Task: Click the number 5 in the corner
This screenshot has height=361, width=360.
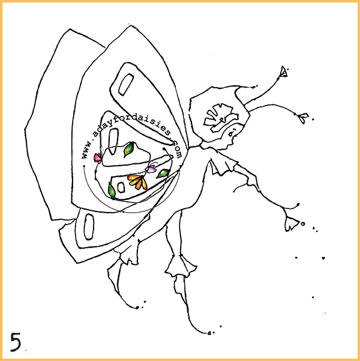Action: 16,342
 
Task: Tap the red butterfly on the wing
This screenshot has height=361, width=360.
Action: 98,158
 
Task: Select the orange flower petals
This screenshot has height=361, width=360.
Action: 137,181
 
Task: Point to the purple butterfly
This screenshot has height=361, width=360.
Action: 151,169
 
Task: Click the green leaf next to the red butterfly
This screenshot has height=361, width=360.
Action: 128,149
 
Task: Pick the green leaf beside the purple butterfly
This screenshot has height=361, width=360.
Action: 163,174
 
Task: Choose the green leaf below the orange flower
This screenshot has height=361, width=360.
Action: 112,190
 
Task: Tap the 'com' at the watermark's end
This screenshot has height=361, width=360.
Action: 177,148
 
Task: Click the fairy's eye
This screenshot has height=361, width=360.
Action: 231,133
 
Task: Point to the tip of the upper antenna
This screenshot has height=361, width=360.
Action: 284,71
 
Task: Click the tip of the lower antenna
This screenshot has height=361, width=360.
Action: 304,118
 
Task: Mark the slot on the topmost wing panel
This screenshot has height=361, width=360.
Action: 126,85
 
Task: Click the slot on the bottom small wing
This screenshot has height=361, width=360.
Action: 89,227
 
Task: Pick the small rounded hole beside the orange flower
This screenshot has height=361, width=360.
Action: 121,187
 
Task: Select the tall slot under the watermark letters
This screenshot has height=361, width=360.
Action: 113,141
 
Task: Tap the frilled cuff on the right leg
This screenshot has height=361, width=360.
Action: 181,266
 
